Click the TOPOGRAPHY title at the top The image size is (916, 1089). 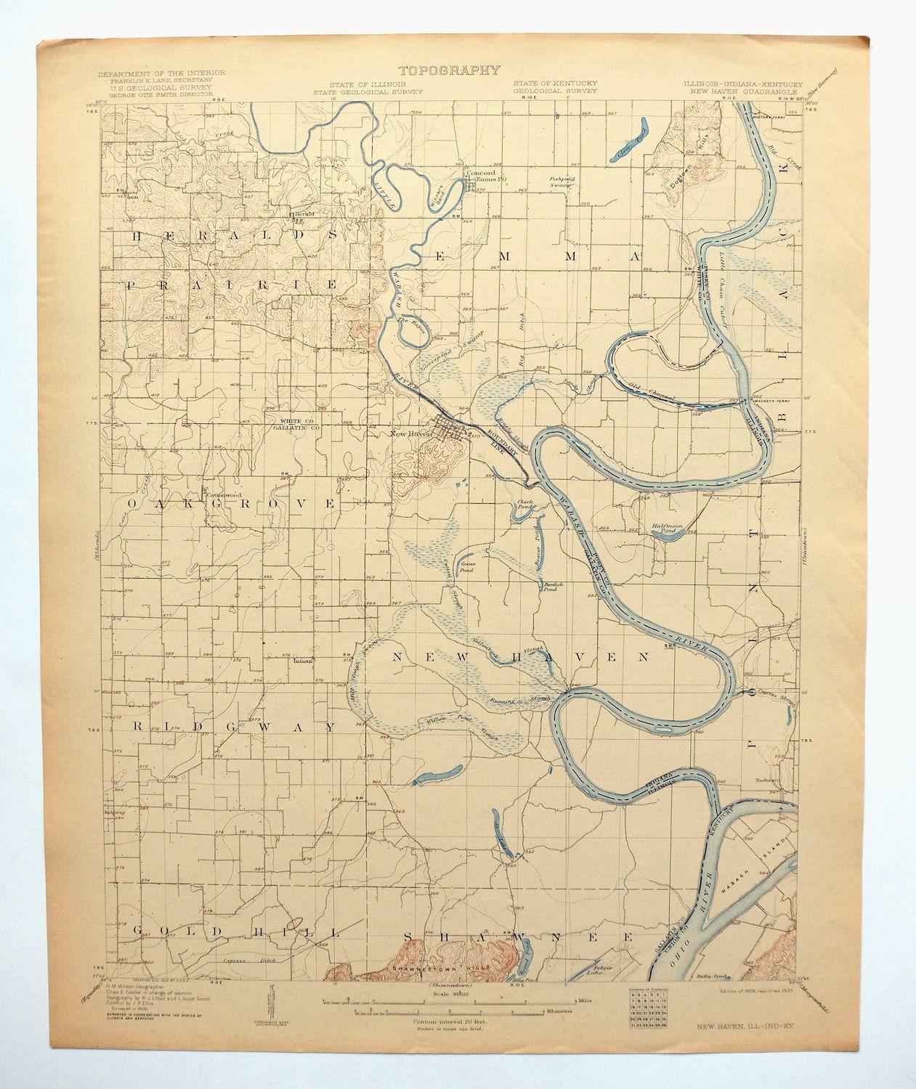click(x=448, y=70)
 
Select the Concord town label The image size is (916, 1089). click(x=479, y=174)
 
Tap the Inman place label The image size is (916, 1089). click(x=301, y=661)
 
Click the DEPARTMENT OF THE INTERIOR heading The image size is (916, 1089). click(x=161, y=73)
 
